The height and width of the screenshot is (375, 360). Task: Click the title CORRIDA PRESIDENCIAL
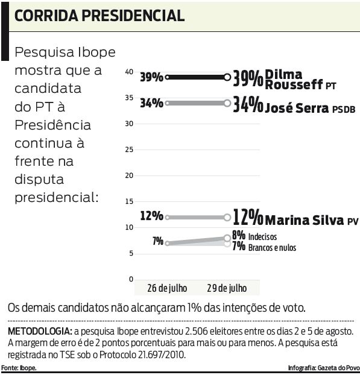pyautogui.click(x=99, y=16)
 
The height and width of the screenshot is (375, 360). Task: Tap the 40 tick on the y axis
pyautogui.click(x=128, y=72)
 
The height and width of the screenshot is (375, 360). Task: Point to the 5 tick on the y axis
pyautogui.click(x=130, y=253)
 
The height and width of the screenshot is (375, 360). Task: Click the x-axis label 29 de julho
pyautogui.click(x=227, y=288)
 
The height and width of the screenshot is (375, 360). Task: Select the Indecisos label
pyautogui.click(x=263, y=236)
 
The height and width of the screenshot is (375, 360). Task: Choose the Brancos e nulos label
pyautogui.click(x=272, y=247)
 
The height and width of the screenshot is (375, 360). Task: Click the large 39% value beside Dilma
pyautogui.click(x=248, y=78)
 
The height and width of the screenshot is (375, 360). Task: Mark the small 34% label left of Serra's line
pyautogui.click(x=151, y=103)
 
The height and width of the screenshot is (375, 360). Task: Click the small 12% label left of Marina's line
pyautogui.click(x=151, y=216)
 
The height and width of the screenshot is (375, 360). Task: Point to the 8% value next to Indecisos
pyautogui.click(x=238, y=235)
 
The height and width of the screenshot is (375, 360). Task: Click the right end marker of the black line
pyautogui.click(x=227, y=77)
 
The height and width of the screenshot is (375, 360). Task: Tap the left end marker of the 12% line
pyautogui.click(x=167, y=217)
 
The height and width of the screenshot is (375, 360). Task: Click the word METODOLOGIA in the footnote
pyautogui.click(x=39, y=332)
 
